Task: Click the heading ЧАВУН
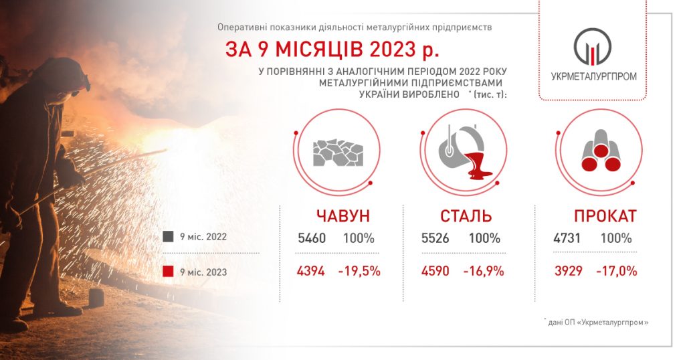click(x=343, y=216)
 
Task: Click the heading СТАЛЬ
click(x=466, y=216)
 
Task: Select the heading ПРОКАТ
click(x=605, y=216)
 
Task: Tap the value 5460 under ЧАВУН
click(x=312, y=238)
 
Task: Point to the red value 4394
click(x=310, y=271)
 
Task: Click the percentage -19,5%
click(x=359, y=271)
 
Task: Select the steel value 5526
click(x=435, y=238)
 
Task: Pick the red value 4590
click(x=435, y=271)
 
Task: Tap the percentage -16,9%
click(x=484, y=271)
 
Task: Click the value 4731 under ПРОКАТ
click(x=567, y=238)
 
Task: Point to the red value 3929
click(x=569, y=271)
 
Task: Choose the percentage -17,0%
click(x=616, y=271)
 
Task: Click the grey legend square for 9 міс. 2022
click(x=168, y=237)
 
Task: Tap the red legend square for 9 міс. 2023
click(x=168, y=272)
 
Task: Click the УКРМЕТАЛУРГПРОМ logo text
click(x=594, y=76)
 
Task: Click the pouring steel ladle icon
click(x=466, y=153)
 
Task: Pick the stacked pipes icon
click(x=601, y=151)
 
